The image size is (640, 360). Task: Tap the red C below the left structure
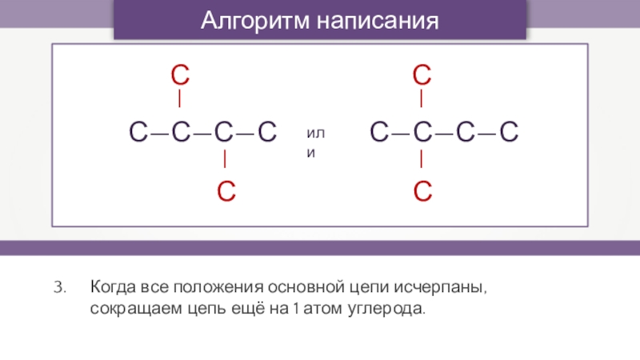click(226, 190)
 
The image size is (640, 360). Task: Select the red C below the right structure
click(422, 190)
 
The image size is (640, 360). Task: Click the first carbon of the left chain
click(138, 132)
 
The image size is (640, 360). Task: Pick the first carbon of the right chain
click(379, 132)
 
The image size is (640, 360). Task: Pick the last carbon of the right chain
click(509, 132)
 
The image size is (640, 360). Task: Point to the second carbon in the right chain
click(422, 132)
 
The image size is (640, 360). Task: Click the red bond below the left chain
click(226, 160)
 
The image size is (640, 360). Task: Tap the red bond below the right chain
click(422, 160)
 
